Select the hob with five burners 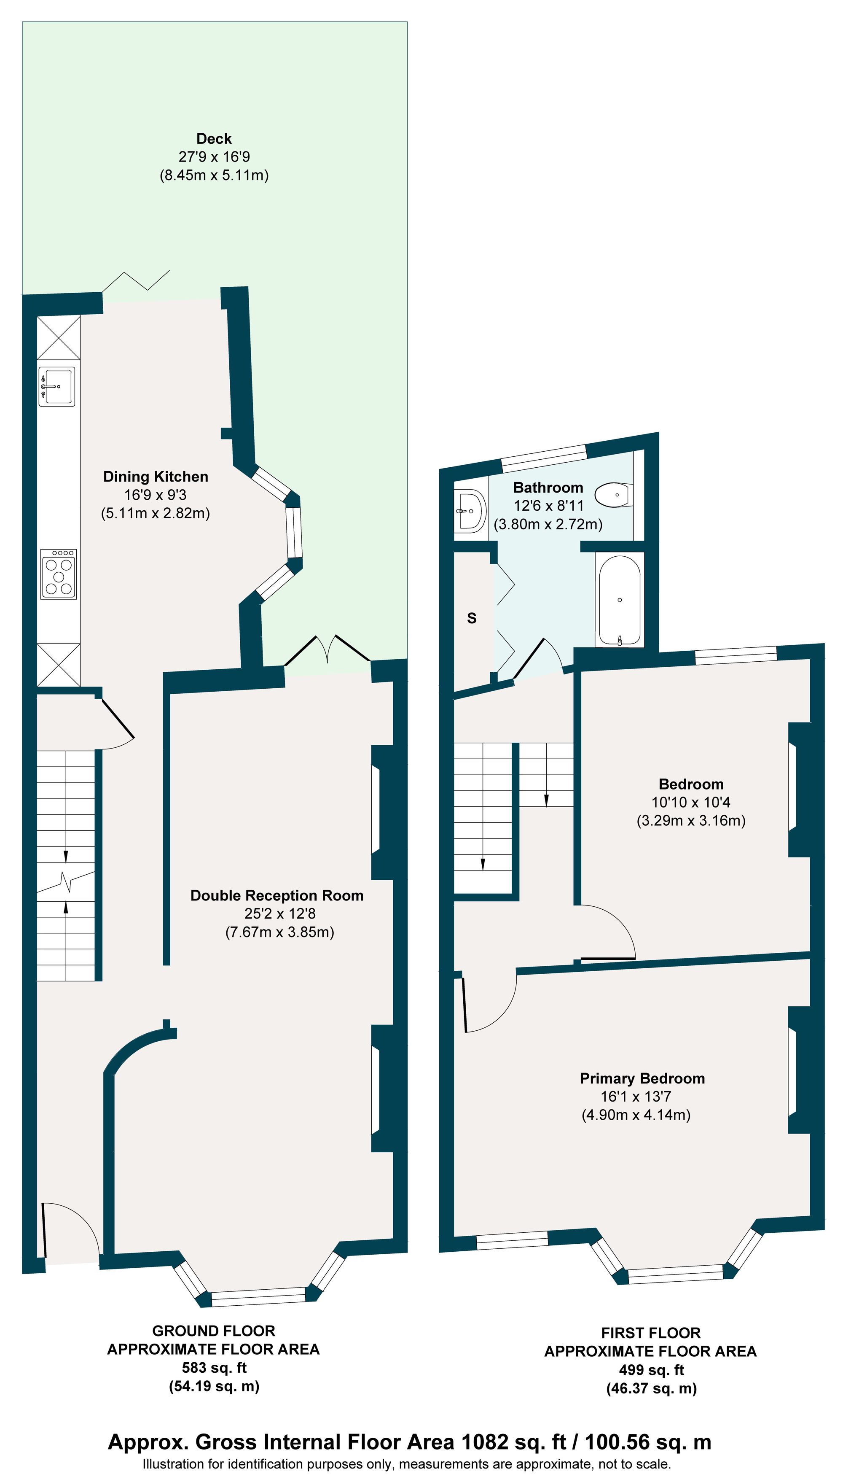(x=59, y=574)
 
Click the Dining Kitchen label (x=155, y=477)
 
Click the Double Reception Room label (x=277, y=895)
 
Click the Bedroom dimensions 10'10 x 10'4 (x=691, y=802)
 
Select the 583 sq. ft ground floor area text (x=214, y=1367)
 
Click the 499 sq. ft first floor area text (x=651, y=1370)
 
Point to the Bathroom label (x=548, y=487)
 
